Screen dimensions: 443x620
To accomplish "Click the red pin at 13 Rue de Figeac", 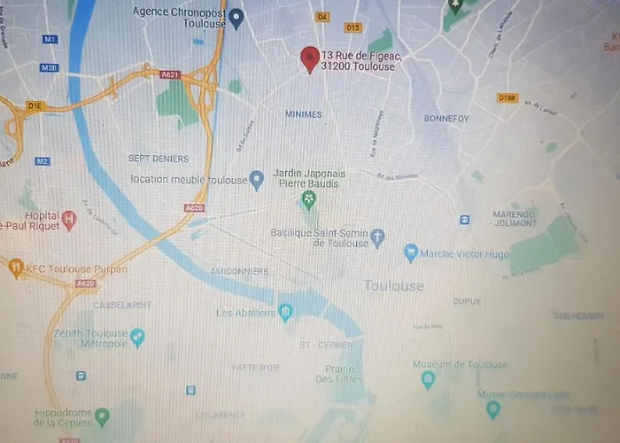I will tap(309, 58).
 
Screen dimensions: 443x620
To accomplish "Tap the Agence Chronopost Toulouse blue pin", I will tap(236, 17).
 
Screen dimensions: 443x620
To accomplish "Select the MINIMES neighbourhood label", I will tap(304, 114).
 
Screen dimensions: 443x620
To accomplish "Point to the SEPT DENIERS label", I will tap(159, 159).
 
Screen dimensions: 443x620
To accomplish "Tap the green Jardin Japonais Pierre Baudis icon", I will tap(308, 198).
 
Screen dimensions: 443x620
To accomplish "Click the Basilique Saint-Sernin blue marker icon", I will tap(378, 237).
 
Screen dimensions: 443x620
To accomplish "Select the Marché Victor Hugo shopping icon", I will tap(411, 253).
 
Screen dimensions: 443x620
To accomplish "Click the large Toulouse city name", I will tap(394, 285).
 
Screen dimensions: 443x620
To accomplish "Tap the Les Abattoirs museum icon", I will tap(285, 312).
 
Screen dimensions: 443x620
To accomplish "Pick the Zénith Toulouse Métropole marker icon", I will tap(137, 338).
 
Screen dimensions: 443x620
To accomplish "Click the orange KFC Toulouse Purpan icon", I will tap(16, 267).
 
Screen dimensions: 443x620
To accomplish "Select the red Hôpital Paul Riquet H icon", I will tap(70, 218).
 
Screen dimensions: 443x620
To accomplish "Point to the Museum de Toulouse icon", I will tap(429, 379).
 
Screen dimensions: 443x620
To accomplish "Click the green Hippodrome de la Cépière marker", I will tap(103, 416).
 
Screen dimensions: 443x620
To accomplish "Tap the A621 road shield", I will tap(170, 75).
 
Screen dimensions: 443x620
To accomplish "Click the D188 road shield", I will tap(508, 97).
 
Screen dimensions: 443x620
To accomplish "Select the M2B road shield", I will tap(49, 67).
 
